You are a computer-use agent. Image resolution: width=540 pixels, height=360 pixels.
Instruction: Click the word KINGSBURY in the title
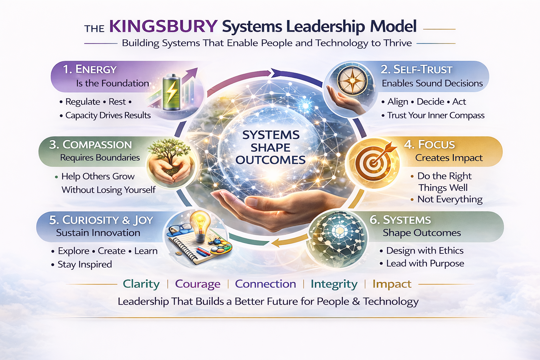tap(163, 27)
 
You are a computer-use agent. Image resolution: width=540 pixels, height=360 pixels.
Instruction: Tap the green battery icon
tap(172, 92)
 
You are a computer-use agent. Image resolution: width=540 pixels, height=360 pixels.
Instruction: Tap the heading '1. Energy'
tap(90, 70)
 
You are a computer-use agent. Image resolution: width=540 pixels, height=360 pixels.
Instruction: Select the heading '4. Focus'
tap(429, 144)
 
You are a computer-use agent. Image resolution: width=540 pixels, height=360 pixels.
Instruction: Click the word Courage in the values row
tap(198, 284)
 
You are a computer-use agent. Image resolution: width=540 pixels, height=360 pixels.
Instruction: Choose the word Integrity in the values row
tap(334, 284)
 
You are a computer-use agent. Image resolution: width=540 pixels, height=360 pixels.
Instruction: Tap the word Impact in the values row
tap(392, 284)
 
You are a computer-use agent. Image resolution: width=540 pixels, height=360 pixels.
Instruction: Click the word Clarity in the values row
tap(141, 284)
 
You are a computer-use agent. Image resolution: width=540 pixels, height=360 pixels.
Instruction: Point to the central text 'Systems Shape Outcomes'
tap(270, 147)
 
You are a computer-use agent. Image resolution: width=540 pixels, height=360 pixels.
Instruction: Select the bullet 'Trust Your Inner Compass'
tap(436, 115)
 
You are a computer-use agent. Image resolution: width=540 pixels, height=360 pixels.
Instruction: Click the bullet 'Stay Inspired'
tap(84, 264)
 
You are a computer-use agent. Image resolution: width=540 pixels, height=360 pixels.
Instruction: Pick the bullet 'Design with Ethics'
tap(424, 251)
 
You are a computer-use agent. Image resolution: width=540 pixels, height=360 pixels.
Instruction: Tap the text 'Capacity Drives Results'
tap(108, 115)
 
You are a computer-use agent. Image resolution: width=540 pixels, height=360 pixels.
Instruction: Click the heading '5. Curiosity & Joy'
tap(101, 220)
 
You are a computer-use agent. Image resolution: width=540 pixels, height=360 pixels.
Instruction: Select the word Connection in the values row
tap(265, 284)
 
